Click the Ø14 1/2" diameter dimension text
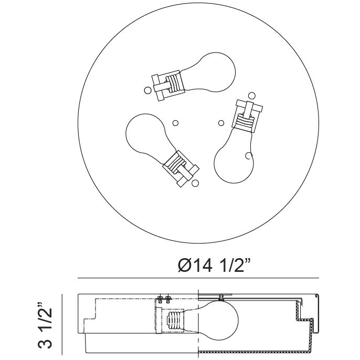point(214,266)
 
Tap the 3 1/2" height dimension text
point(45,326)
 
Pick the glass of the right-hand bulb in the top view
point(234,158)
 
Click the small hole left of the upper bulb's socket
point(147,90)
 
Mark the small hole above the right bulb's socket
point(252,96)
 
